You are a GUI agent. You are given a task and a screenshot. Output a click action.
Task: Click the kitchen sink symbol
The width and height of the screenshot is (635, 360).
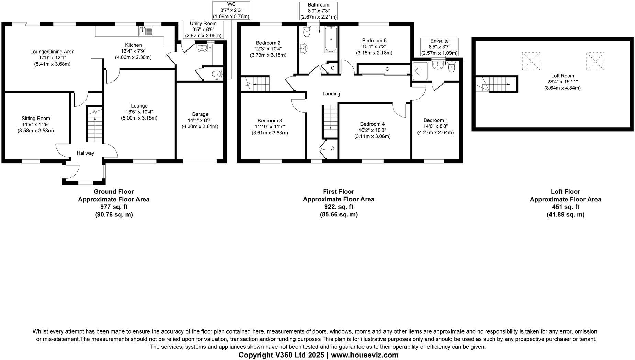pyautogui.click(x=146, y=32)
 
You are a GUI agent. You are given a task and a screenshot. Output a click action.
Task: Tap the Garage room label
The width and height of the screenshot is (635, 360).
pyautogui.click(x=200, y=114)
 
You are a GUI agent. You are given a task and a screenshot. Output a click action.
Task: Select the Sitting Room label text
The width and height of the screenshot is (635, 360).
pyautogui.click(x=36, y=119)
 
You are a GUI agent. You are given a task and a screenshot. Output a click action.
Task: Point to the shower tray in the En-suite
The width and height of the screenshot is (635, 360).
pyautogui.click(x=420, y=70)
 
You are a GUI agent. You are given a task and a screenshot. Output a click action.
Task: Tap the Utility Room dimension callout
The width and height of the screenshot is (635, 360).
pyautogui.click(x=203, y=30)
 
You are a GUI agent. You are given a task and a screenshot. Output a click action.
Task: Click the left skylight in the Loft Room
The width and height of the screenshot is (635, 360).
pyautogui.click(x=531, y=61)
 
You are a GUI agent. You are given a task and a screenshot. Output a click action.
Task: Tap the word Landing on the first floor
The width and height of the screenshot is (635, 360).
pyautogui.click(x=331, y=94)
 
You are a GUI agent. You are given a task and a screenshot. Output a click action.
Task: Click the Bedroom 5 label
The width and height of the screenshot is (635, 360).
pyautogui.click(x=374, y=40)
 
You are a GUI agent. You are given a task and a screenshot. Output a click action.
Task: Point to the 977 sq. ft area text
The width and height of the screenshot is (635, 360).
pyautogui.click(x=114, y=207)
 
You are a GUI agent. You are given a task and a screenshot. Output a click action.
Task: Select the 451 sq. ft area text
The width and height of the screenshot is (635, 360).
pyautogui.click(x=565, y=207)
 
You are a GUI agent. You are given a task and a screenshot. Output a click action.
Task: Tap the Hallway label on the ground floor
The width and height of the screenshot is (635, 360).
pyautogui.click(x=85, y=153)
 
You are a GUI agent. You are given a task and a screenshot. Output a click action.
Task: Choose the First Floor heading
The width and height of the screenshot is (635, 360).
pyautogui.click(x=338, y=192)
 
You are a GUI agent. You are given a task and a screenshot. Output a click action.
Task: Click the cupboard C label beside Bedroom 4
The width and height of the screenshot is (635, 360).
pyautogui.click(x=332, y=148)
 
